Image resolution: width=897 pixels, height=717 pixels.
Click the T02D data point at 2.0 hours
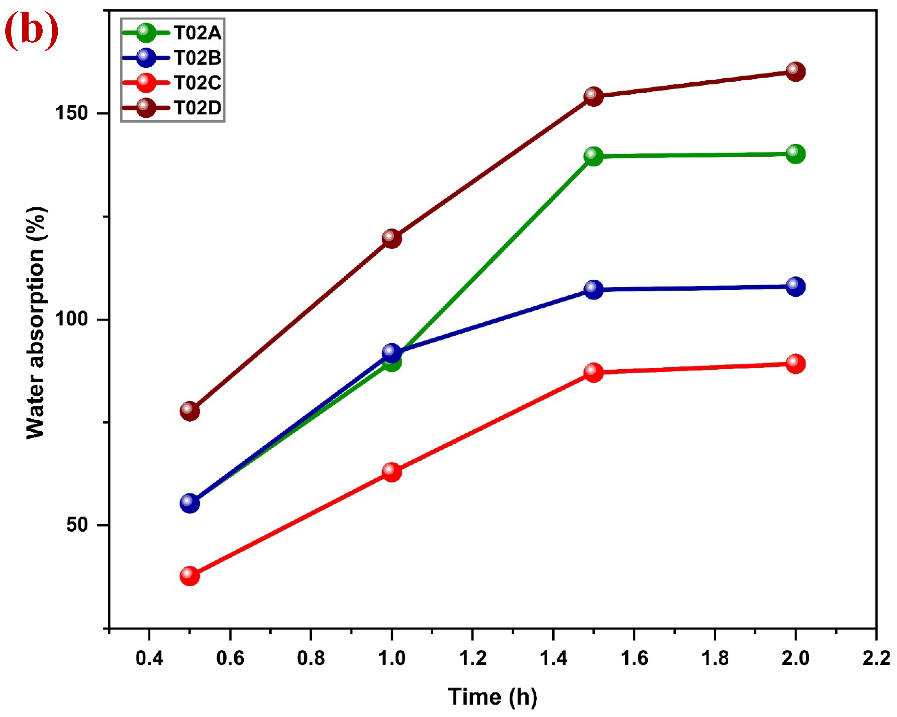pyautogui.click(x=795, y=72)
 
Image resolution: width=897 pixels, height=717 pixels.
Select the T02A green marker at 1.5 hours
pyautogui.click(x=593, y=156)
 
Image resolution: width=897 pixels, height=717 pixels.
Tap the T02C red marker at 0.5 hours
pyautogui.click(x=190, y=576)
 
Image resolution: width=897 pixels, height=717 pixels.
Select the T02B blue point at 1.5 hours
pyautogui.click(x=593, y=289)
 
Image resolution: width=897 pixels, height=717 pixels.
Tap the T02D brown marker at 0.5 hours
pyautogui.click(x=190, y=411)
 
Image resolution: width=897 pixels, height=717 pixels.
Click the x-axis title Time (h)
pyautogui.click(x=492, y=697)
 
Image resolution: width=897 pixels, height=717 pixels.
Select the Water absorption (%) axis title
pyautogui.click(x=36, y=323)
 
